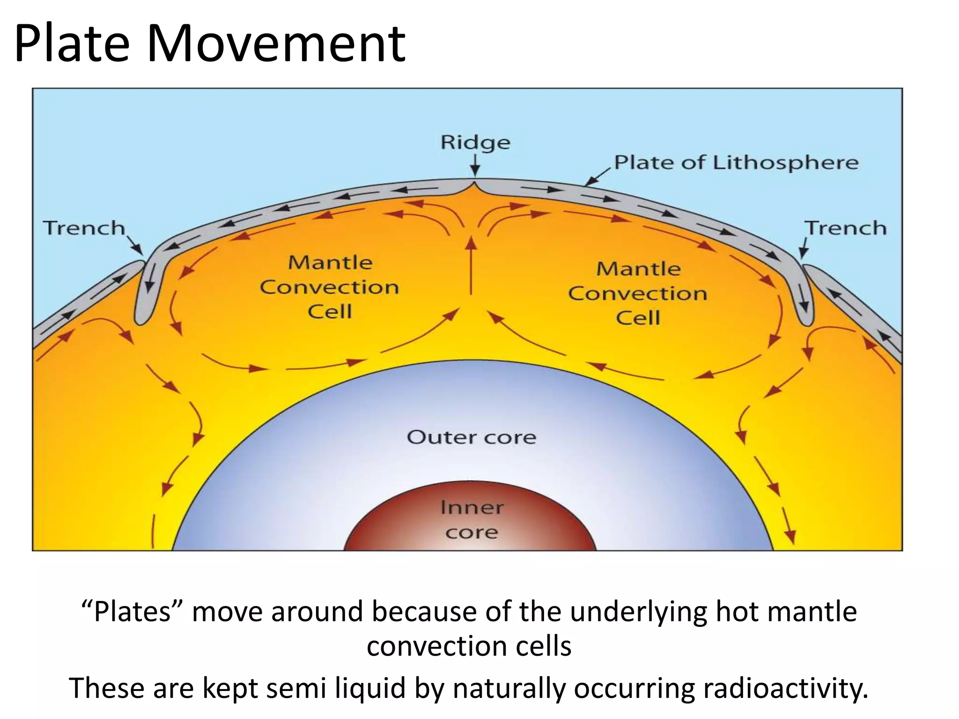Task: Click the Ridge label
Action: point(475,142)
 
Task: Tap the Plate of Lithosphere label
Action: point(736,162)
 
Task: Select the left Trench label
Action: point(84,228)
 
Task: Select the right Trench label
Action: point(846,228)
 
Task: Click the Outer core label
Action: point(471,437)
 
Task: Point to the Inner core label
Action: point(472,520)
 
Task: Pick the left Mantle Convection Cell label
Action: point(330,287)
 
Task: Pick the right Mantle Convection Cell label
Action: point(638,293)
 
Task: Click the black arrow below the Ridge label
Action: point(475,166)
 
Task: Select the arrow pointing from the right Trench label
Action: point(804,248)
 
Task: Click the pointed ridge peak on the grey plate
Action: point(475,184)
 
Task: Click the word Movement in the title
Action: point(276,44)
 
